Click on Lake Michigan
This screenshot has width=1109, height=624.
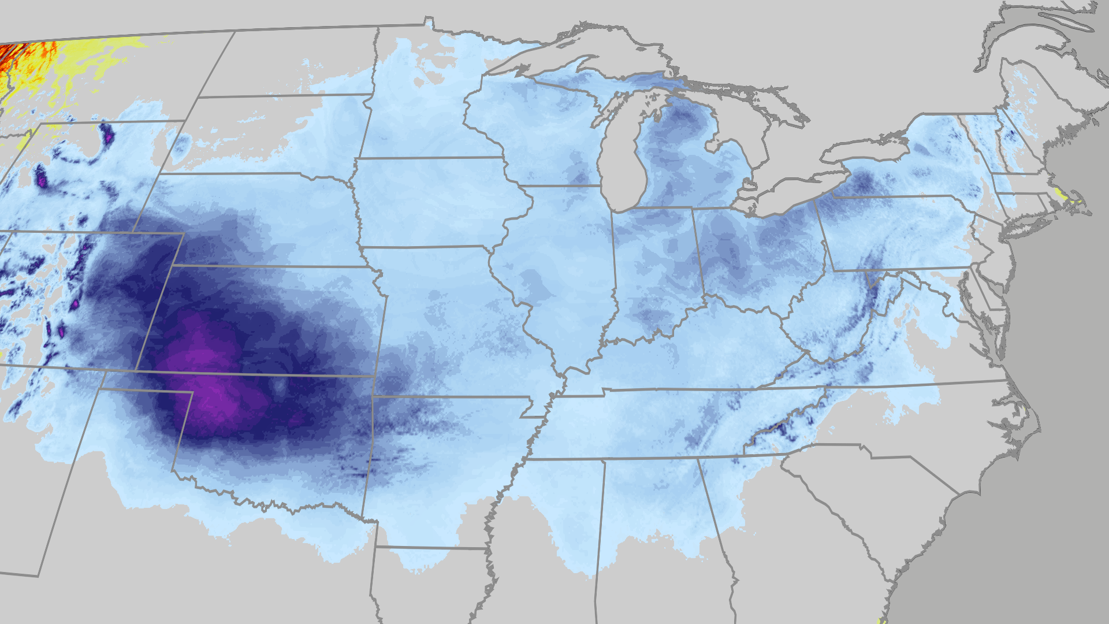pyautogui.click(x=621, y=168)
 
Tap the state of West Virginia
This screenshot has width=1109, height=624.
pyautogui.click(x=838, y=324)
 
